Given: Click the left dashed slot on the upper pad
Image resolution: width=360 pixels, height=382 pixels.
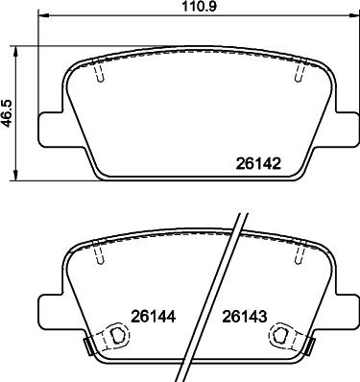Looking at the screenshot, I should point(99,74).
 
